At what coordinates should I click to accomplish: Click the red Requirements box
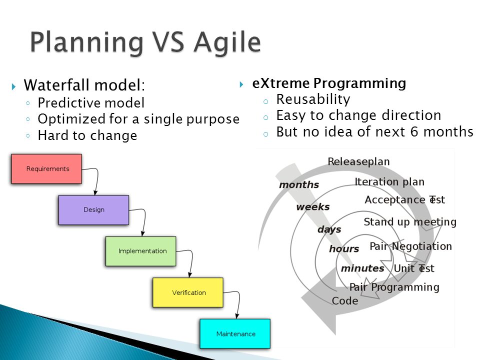(46, 169)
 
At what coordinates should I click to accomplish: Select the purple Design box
(93, 210)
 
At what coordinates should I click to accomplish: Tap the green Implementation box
(141, 251)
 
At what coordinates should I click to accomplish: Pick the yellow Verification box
(188, 292)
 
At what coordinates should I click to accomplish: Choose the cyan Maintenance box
(235, 333)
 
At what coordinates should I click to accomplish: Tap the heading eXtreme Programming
(329, 83)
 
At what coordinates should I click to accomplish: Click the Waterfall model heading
(84, 85)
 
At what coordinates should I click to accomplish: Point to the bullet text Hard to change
(87, 135)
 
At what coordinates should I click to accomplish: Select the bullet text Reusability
(313, 99)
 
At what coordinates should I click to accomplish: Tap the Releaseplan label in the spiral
(358, 161)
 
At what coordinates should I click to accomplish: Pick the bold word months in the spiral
(299, 184)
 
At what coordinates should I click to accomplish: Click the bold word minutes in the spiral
(362, 268)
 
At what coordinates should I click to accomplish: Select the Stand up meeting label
(410, 222)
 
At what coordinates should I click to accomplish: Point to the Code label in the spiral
(344, 300)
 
